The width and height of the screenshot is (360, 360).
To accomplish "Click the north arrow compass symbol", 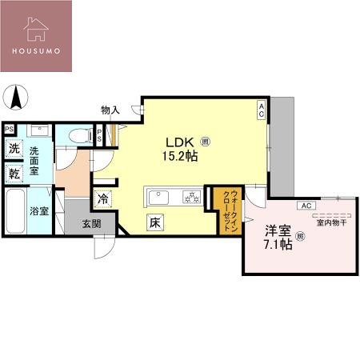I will [15, 99].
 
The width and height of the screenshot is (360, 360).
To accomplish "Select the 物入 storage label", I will [111, 110].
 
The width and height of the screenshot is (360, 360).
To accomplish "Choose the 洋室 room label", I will [277, 230].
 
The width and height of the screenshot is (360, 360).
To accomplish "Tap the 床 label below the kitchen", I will [156, 223].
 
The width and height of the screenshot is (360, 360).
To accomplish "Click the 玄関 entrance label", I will [91, 224].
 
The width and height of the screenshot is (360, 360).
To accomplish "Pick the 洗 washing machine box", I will [14, 149].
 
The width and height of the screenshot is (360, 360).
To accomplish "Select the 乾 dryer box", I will [14, 173].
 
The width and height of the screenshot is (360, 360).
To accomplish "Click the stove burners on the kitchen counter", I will [192, 197].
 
